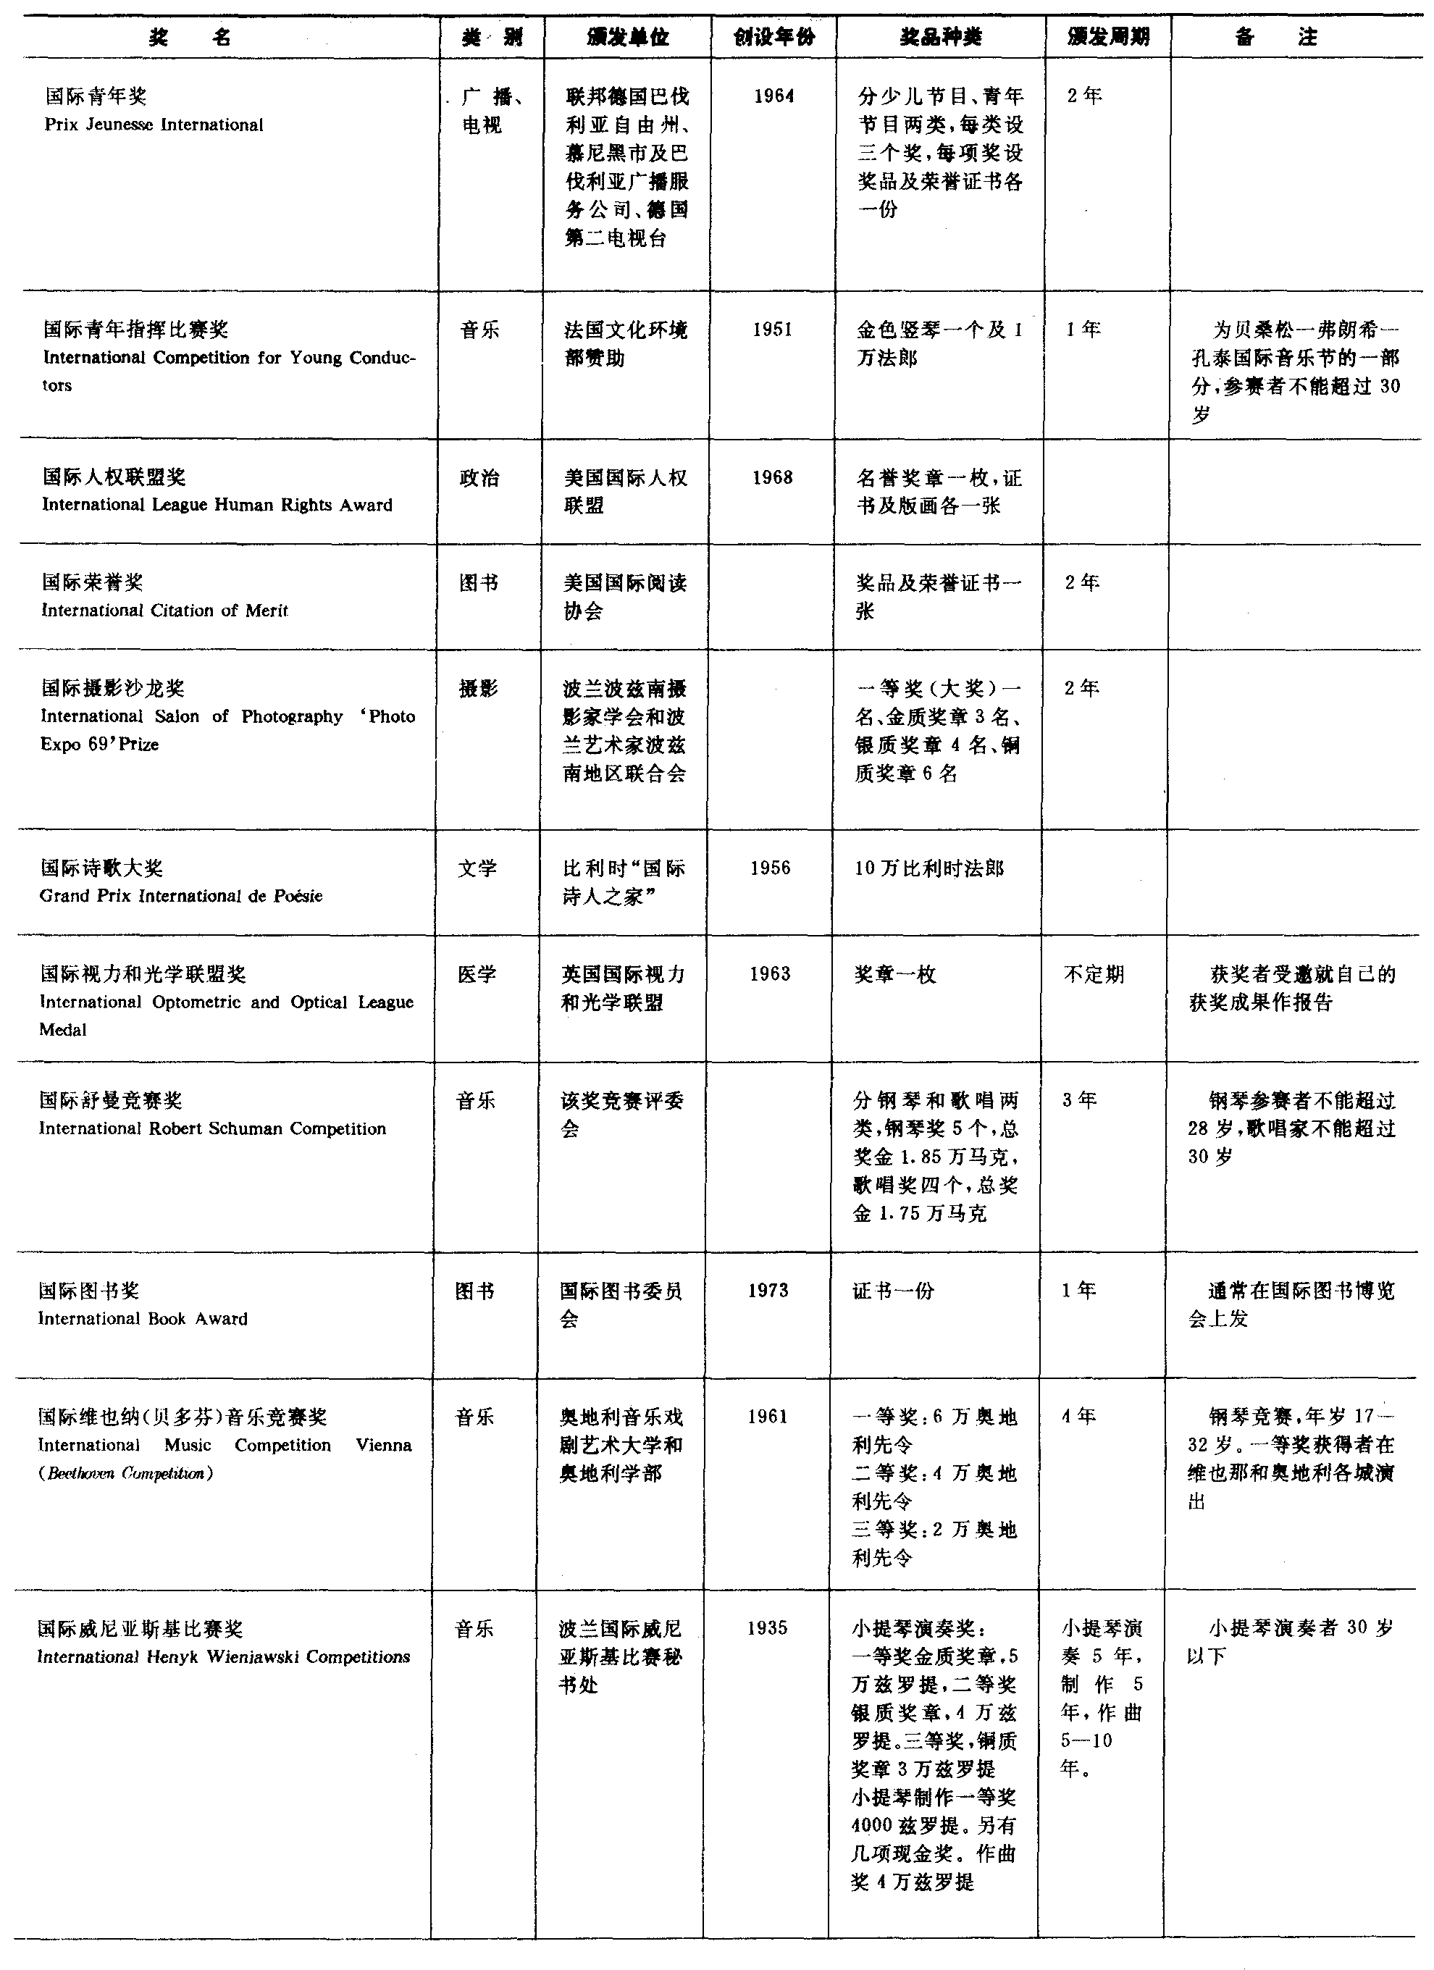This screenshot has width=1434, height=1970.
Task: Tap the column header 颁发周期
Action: tap(1107, 36)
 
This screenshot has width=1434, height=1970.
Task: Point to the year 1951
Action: tap(772, 330)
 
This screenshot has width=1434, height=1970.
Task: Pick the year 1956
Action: tap(771, 868)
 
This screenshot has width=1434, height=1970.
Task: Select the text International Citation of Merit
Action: tap(164, 611)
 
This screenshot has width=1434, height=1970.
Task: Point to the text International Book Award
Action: tap(143, 1319)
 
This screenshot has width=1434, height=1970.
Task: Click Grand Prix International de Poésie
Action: tap(180, 895)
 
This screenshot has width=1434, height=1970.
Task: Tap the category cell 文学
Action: tap(477, 868)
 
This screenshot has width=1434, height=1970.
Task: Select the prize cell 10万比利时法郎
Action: tap(928, 868)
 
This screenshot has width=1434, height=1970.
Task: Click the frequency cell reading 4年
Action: tap(1078, 1417)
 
